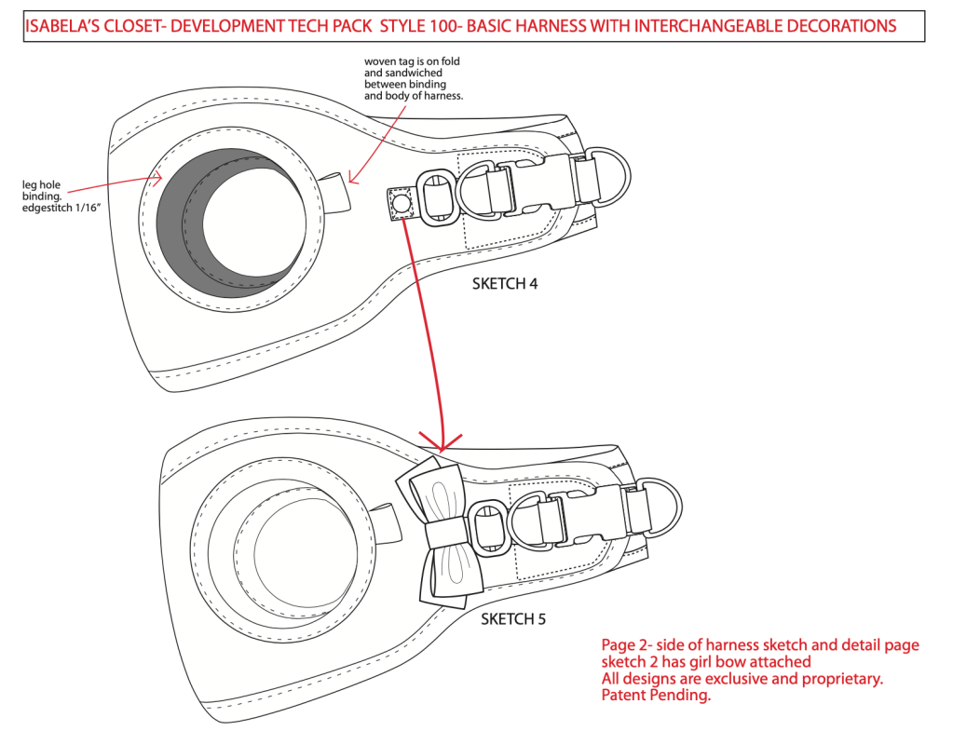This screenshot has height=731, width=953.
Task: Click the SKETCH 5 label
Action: tap(513, 618)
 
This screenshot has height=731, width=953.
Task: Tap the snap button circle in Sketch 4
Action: tap(402, 203)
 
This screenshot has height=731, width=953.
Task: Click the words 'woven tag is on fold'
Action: tap(411, 61)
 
